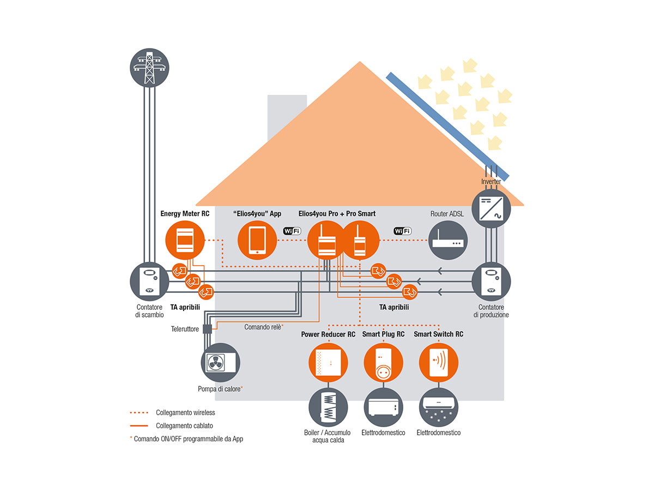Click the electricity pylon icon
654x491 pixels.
pyautogui.click(x=149, y=68)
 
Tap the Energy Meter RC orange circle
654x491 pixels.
pyautogui.click(x=185, y=240)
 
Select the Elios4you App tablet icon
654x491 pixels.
pyautogui.click(x=257, y=240)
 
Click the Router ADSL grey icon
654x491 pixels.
pyautogui.click(x=447, y=240)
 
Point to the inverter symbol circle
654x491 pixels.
pyautogui.click(x=491, y=208)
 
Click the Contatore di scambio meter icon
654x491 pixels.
pyautogui.click(x=149, y=282)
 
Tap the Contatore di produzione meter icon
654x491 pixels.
pyautogui.click(x=491, y=282)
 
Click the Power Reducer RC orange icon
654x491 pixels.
pyautogui.click(x=328, y=362)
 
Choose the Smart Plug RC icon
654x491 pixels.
pyautogui.click(x=383, y=362)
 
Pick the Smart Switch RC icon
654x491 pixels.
pyautogui.click(x=439, y=362)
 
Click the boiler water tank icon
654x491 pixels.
pyautogui.click(x=328, y=407)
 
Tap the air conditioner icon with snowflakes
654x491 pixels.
pyautogui.click(x=439, y=407)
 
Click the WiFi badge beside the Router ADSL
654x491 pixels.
pyautogui.click(x=403, y=231)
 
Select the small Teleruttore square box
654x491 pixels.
pyautogui.click(x=208, y=329)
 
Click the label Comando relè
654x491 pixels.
pyautogui.click(x=263, y=327)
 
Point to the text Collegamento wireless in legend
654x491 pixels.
pyautogui.click(x=185, y=412)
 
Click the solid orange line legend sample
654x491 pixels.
pyautogui.click(x=139, y=426)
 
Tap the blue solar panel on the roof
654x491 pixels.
pyautogui.click(x=447, y=127)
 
